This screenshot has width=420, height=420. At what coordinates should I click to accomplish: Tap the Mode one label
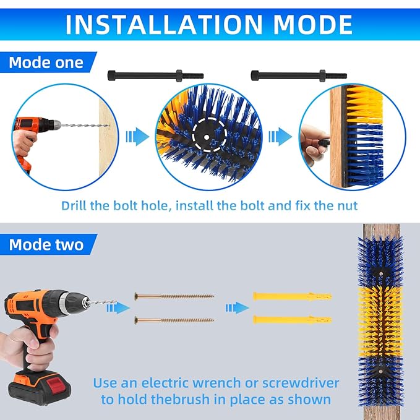tap(46, 62)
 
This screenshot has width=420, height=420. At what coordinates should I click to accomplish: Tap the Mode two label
tap(46, 244)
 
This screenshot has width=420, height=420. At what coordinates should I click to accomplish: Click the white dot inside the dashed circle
tap(206, 137)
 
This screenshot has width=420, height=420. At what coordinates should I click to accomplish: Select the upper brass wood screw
tap(174, 296)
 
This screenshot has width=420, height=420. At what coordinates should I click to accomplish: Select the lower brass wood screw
tap(174, 320)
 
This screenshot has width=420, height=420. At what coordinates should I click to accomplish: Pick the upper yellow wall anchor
tap(293, 296)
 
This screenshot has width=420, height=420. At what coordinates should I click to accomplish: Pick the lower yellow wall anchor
tap(293, 320)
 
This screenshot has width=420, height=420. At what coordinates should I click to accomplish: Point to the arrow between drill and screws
tap(118, 308)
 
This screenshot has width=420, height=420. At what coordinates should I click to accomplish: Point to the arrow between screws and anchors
tap(237, 308)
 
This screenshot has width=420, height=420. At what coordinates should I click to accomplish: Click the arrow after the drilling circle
tap(137, 137)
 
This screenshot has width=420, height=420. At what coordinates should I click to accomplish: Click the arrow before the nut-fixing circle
tap(280, 137)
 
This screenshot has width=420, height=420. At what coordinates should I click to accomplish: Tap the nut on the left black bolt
tap(179, 76)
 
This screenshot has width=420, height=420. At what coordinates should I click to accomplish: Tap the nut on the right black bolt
tap(322, 76)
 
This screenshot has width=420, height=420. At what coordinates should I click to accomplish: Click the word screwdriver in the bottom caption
tap(300, 384)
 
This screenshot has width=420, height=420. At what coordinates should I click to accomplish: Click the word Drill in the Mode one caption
tap(74, 206)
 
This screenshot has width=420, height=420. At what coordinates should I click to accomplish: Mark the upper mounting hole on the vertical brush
tap(380, 273)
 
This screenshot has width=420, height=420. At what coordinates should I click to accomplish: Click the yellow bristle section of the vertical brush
tap(380, 322)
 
